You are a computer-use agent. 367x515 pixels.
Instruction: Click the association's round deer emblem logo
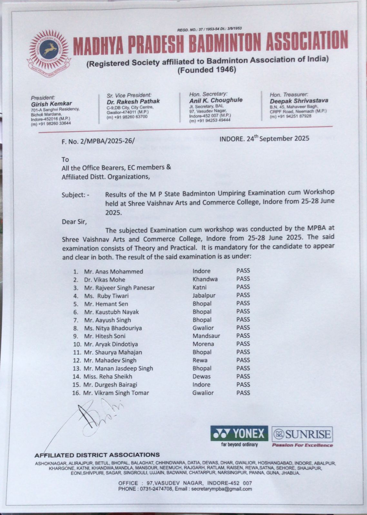click(x=49, y=50)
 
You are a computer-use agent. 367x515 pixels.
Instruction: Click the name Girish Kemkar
click(x=51, y=104)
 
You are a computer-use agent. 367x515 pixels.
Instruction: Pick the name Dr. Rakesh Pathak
click(x=133, y=101)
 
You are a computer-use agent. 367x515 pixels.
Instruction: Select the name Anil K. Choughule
click(x=216, y=100)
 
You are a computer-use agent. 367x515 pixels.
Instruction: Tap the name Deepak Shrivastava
click(x=299, y=100)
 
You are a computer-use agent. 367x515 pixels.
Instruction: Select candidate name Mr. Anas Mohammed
click(x=114, y=271)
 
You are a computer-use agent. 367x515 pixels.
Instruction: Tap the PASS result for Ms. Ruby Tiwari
click(x=243, y=295)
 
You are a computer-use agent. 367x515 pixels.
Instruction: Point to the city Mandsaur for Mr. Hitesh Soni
click(x=206, y=336)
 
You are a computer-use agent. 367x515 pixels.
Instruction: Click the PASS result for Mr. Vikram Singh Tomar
click(x=243, y=393)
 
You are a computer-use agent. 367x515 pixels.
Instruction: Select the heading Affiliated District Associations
click(x=97, y=455)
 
